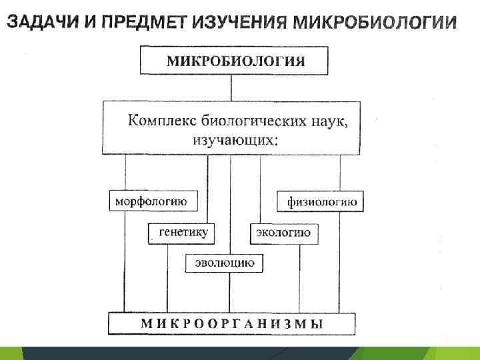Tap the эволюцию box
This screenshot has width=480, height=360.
(x=225, y=263)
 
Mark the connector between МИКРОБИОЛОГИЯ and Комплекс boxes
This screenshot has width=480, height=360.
(x=231, y=88)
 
